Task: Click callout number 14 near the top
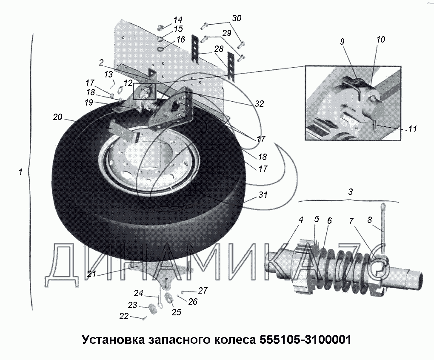pos(177,20)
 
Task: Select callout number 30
pos(237,18)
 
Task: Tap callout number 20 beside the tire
pos(58,117)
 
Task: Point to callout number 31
pos(263,195)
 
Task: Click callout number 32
pos(259,103)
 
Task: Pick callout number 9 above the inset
pos(343,42)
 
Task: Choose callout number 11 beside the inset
pos(412,129)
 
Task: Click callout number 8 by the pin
pos(369,220)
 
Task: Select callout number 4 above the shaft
pos(301,220)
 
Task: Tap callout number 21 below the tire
pos(91,274)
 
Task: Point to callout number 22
pos(124,316)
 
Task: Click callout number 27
pos(203,291)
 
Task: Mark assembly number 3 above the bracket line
pos(350,191)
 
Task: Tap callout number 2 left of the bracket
pos(101,63)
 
